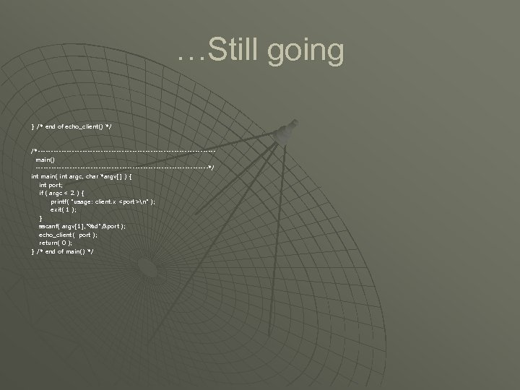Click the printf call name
point(59,201)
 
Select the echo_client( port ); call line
point(68,235)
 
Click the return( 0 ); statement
point(55,243)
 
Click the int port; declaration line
point(52,185)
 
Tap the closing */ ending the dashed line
point(211,167)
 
